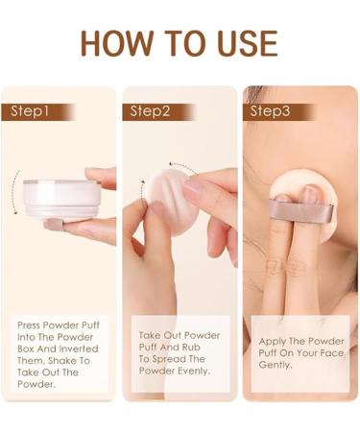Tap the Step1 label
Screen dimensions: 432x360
[x=30, y=111]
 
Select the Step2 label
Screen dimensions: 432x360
[x=150, y=111]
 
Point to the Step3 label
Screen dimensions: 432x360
[x=271, y=111]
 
